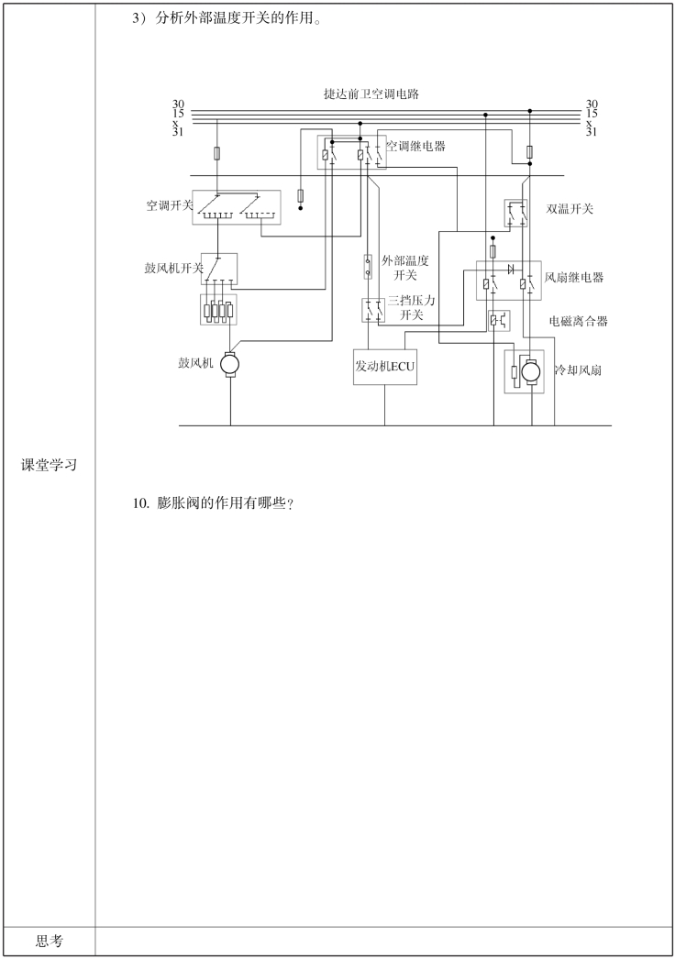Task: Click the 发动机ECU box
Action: tap(385, 367)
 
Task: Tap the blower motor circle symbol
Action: tap(230, 364)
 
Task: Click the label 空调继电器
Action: tap(415, 146)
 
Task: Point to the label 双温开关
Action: tap(570, 209)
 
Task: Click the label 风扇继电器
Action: tap(574, 277)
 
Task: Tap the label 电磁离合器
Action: tap(578, 321)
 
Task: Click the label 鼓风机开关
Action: tap(173, 269)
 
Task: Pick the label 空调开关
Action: tap(170, 205)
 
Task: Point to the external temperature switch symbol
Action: tap(369, 267)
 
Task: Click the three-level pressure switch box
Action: tap(373, 310)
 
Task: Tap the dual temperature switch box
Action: tap(516, 214)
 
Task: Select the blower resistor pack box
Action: tap(218, 310)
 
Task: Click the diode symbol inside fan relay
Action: tap(509, 269)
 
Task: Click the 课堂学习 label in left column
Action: tap(49, 466)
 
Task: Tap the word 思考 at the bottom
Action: tap(50, 941)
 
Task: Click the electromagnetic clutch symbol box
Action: tap(499, 320)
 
